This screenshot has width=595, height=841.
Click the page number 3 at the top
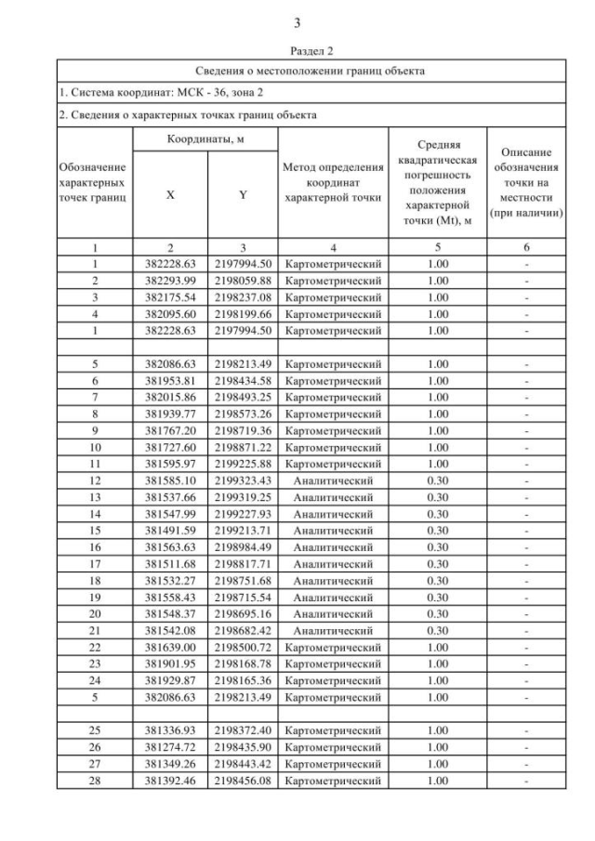click(297, 22)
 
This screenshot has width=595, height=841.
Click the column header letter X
click(169, 196)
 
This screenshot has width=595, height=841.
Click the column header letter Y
click(242, 196)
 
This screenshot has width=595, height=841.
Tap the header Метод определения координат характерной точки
click(333, 182)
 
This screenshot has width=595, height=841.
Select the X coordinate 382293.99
click(170, 280)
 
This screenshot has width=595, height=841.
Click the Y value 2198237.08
click(242, 296)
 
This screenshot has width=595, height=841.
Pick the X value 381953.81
click(170, 380)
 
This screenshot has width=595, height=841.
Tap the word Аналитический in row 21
click(333, 631)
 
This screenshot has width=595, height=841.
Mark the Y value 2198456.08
click(242, 780)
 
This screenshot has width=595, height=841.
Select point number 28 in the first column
click(95, 780)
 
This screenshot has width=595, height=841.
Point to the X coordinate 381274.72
click(170, 746)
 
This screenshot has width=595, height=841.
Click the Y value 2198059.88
click(242, 280)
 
